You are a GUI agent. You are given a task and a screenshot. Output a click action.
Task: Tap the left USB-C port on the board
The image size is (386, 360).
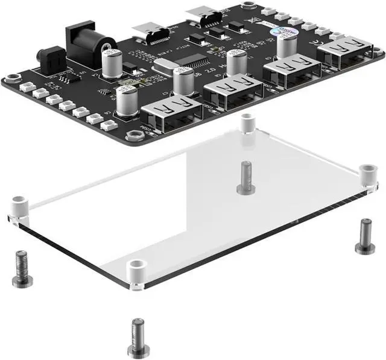coord(147,30)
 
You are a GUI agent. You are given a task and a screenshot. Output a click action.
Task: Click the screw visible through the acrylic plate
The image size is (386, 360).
coord(245,177)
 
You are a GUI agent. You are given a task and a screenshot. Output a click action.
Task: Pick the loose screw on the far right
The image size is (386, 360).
coord(364,236)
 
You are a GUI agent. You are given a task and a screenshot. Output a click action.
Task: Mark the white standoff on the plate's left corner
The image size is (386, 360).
coord(19,207)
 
